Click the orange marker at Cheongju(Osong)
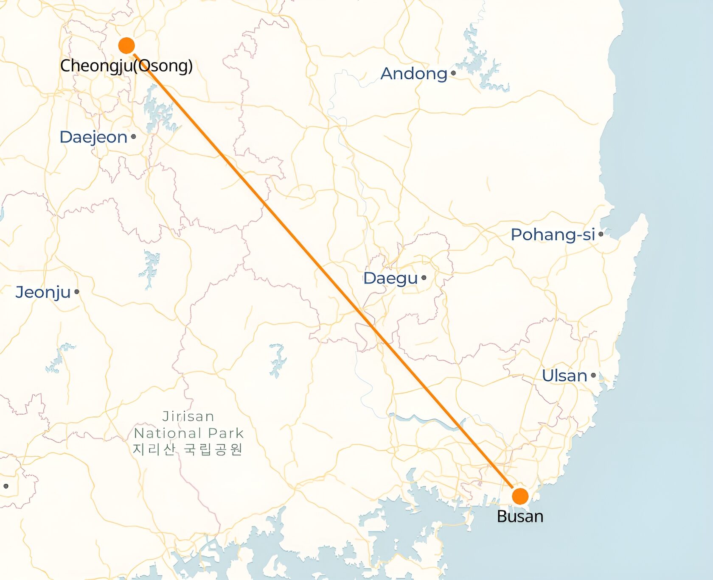[x=126, y=45]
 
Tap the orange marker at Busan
[x=520, y=496]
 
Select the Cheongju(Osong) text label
[x=126, y=66]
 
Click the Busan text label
[x=520, y=516]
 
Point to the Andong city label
[x=414, y=74]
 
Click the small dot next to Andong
[x=453, y=73]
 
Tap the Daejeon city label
[x=93, y=137]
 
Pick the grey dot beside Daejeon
[x=133, y=137]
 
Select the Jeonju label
[x=43, y=293]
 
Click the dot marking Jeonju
[x=77, y=292]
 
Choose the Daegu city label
[x=390, y=279]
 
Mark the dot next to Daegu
[x=424, y=278]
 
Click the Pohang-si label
[x=553, y=235]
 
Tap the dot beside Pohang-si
[x=601, y=234]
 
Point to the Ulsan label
[x=564, y=376]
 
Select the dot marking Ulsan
[x=593, y=375]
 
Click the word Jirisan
[x=188, y=416]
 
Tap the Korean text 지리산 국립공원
[x=188, y=449]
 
